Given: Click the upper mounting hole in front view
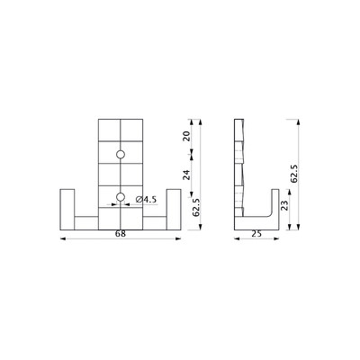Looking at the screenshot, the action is click(121, 154).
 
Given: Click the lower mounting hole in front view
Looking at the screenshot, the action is click(121, 197).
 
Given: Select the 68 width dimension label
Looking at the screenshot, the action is click(121, 234).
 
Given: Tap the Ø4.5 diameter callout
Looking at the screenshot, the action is click(146, 200).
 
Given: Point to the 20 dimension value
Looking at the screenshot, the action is click(186, 136).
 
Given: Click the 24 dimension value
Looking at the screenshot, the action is click(186, 175).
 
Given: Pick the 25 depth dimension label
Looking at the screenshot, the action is click(256, 234).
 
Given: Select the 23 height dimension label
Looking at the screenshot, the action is click(284, 205).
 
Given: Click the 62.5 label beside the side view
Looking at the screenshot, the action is click(293, 174).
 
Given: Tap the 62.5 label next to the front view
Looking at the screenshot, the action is click(196, 208).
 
